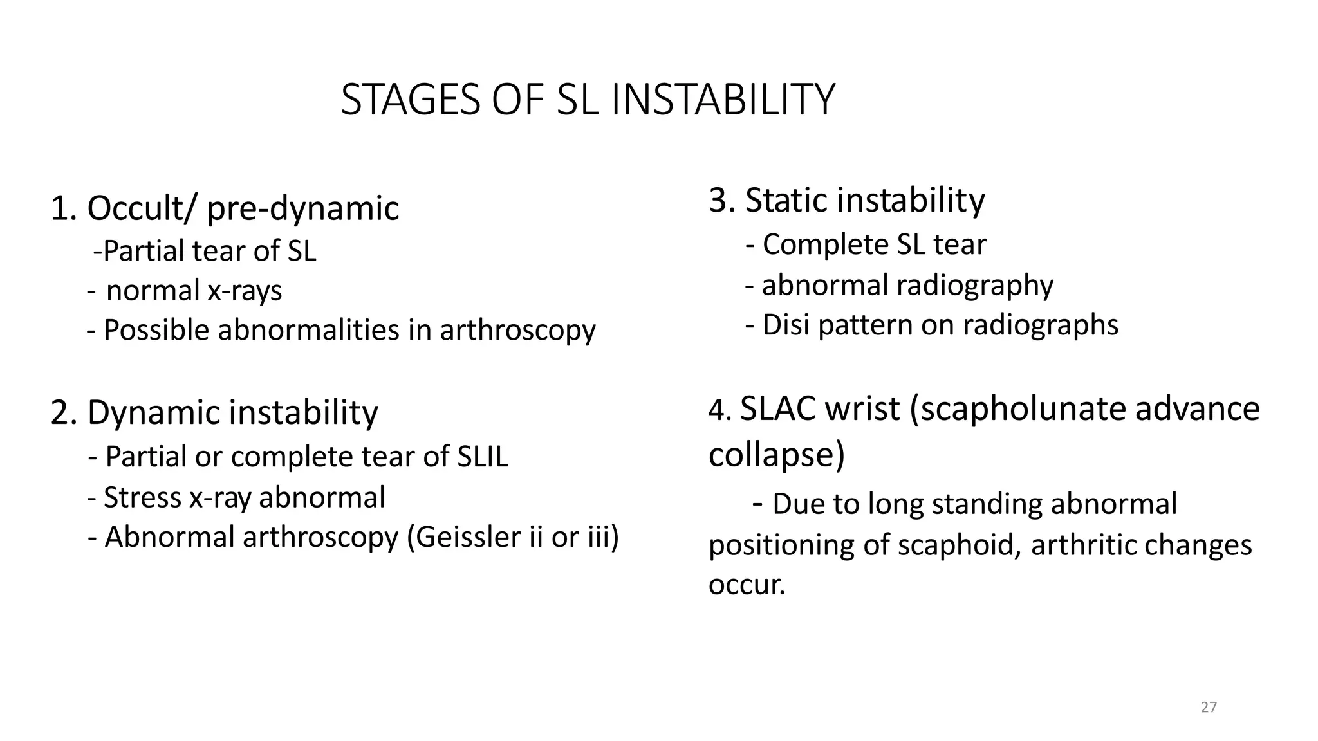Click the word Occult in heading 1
point(135,208)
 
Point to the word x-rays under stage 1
point(245,291)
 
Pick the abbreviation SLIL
point(483,457)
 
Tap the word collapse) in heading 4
point(776,455)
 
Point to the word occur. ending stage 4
point(747,585)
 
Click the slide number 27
point(1209,708)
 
